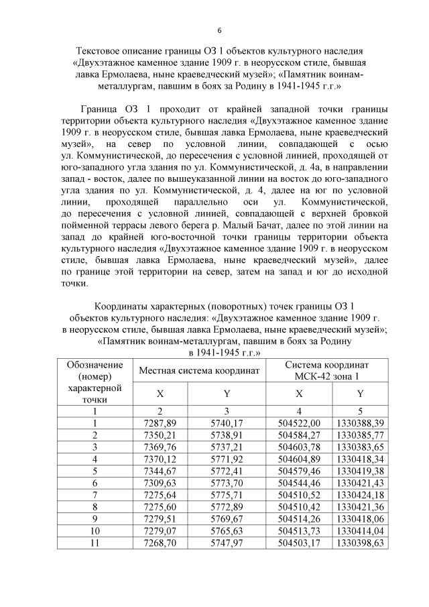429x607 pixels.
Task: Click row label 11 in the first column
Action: (x=95, y=543)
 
